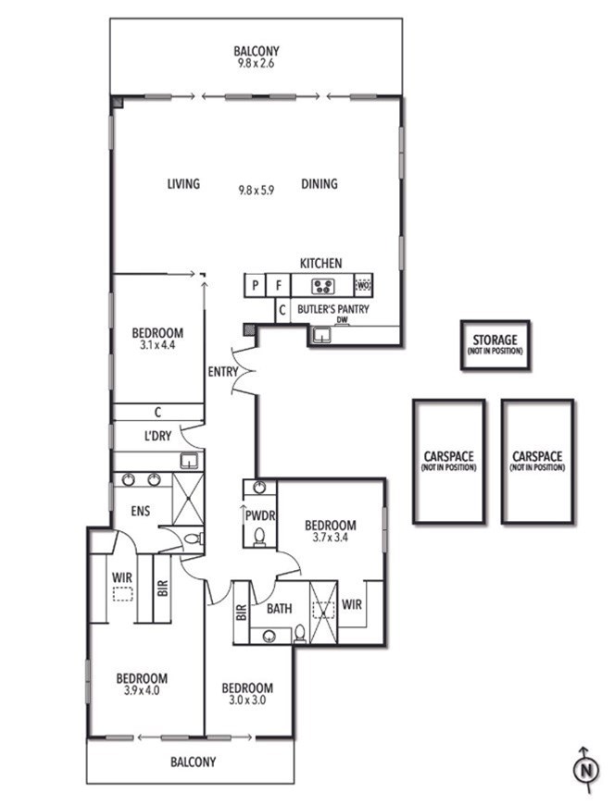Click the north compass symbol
click(585, 770)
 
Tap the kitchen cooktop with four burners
click(323, 285)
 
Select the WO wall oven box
click(363, 285)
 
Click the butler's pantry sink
click(322, 335)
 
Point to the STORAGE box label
click(495, 340)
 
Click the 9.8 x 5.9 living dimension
click(256, 191)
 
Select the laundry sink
click(189, 461)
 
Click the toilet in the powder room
click(259, 537)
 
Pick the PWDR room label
click(260, 516)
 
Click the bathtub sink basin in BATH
click(269, 637)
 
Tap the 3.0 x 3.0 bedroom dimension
click(247, 700)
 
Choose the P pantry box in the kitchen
click(256, 285)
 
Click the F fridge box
click(279, 285)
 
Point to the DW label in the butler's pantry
click(342, 320)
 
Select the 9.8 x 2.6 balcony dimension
click(256, 63)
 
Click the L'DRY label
click(157, 436)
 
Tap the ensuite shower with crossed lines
click(188, 499)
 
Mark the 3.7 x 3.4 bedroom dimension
click(331, 538)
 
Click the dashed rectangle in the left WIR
click(123, 594)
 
